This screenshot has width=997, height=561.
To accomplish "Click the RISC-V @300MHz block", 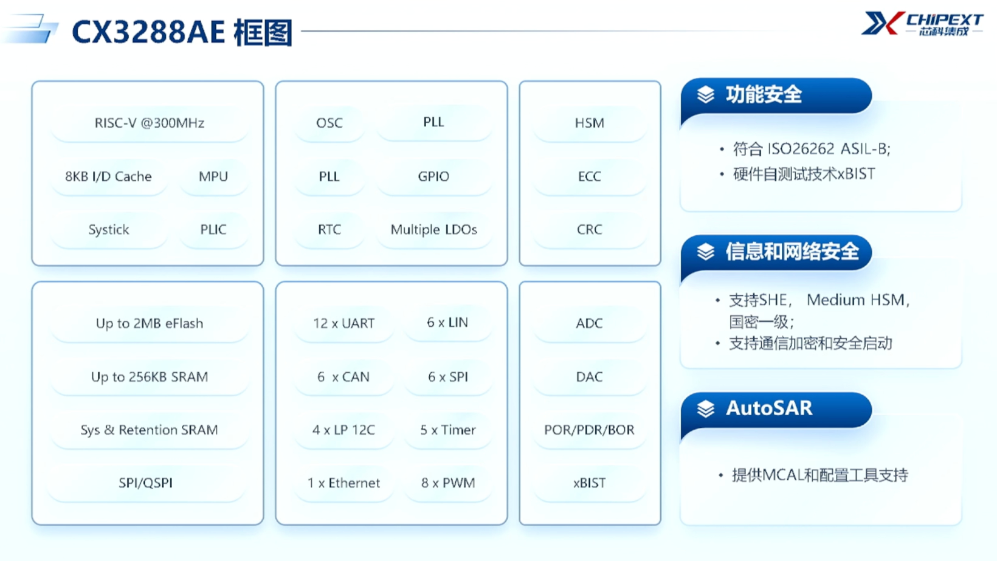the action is pos(150,123).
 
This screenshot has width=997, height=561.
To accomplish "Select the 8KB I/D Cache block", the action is pos(109,177).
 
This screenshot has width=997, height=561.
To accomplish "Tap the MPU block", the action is pos(213,177).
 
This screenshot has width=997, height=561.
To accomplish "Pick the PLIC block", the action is pos(213,230).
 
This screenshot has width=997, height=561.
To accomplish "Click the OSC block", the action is pos(329,123).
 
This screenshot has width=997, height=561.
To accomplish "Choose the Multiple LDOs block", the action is pos(434,230).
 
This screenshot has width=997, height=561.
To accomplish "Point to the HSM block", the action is pos(589,123).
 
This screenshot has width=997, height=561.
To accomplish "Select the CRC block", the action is pos(589,230).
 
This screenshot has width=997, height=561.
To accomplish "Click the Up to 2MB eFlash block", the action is pos(150,323).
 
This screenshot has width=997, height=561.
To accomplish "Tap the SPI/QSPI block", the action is pos(145,483).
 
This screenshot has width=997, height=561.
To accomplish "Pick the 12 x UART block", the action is pos(343,323).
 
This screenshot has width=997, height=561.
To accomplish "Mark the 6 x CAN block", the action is pos(343,377).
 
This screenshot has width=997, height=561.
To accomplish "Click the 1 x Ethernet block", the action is pos(343,483).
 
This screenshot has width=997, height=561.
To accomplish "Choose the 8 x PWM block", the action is pos(448,483).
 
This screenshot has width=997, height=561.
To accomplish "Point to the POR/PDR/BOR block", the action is pos(589,430).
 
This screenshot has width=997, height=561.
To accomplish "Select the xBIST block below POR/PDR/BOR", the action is pos(589,483).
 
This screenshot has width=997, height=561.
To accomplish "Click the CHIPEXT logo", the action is pos(922,24).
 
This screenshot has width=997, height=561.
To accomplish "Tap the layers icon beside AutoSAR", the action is pos(705,408).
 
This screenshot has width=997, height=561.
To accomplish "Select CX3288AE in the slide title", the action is pos(148,32).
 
